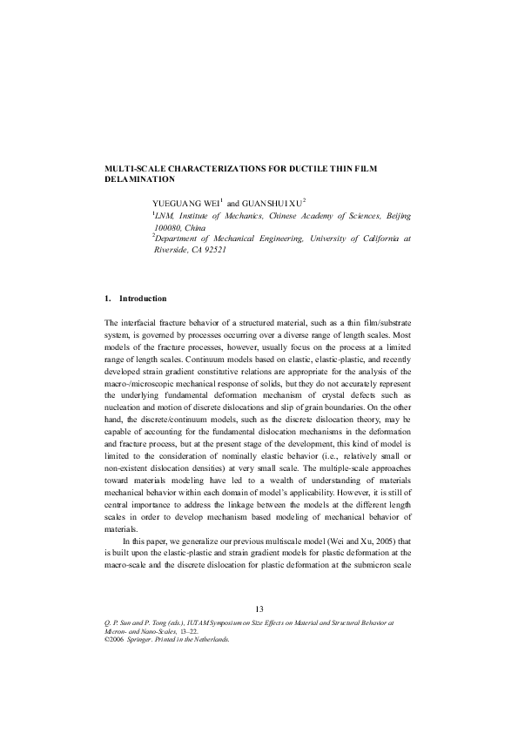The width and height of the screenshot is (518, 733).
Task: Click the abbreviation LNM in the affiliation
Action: pyautogui.click(x=164, y=213)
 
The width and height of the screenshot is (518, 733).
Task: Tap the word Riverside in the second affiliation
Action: pyautogui.click(x=172, y=249)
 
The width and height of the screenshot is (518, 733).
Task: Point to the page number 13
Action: pyautogui.click(x=259, y=608)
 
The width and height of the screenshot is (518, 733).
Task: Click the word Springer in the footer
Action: pyautogui.click(x=144, y=639)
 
